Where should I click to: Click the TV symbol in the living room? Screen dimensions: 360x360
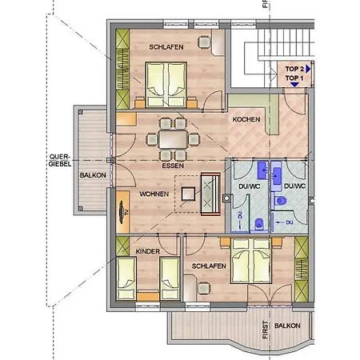[122, 212]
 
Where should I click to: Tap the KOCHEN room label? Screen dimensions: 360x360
[246, 119]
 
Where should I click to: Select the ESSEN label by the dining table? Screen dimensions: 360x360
[173, 166]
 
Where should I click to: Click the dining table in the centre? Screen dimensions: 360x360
[173, 139]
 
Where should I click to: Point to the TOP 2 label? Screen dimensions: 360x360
[294, 69]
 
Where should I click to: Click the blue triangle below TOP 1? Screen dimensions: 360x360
[294, 85]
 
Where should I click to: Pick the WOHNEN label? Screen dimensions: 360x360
[154, 194]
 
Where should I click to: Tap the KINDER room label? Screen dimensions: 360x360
[148, 251]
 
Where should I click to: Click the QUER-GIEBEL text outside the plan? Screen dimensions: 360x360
[60, 160]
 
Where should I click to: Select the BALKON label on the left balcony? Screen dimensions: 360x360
[93, 175]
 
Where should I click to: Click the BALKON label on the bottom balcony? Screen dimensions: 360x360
[287, 326]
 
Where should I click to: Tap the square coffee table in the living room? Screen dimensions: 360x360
[188, 194]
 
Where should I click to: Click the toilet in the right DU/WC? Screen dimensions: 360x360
[280, 201]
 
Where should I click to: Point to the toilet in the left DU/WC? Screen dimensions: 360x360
[259, 224]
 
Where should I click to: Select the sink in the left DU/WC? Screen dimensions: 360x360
[263, 170]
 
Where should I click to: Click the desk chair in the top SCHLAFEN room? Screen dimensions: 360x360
[204, 42]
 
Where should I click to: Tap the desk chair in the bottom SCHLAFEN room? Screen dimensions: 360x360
[203, 288]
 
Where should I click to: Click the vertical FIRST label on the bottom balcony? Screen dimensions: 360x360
[265, 330]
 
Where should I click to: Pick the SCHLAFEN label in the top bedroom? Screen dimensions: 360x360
[166, 47]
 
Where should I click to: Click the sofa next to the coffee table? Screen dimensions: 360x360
[210, 194]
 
